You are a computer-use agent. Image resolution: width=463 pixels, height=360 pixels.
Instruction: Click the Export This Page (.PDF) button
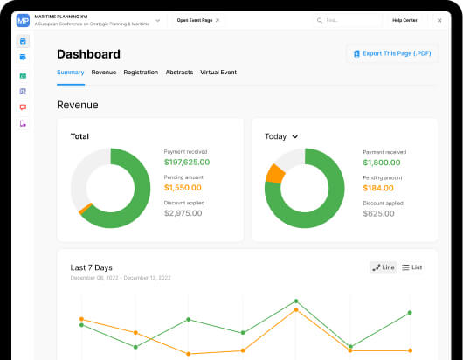click(x=391, y=54)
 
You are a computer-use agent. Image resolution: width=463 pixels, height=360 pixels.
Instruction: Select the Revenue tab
click(x=103, y=72)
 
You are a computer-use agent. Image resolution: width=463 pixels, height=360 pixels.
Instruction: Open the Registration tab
click(x=141, y=72)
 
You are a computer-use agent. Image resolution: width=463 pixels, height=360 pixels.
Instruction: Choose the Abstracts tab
click(x=179, y=72)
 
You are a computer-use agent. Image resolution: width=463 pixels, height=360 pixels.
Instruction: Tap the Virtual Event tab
click(x=218, y=72)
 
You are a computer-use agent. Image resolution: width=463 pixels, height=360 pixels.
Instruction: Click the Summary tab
click(x=70, y=72)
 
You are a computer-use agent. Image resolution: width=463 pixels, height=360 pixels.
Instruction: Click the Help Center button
click(x=404, y=19)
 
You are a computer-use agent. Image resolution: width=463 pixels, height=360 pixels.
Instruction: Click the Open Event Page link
click(x=198, y=19)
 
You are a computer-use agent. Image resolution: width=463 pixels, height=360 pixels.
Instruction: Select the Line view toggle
click(x=384, y=267)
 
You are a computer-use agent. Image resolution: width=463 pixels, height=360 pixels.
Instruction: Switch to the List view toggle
click(x=412, y=267)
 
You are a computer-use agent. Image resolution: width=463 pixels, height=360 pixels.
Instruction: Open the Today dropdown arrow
click(x=295, y=136)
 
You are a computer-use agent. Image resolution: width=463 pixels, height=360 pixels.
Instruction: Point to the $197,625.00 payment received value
click(x=186, y=162)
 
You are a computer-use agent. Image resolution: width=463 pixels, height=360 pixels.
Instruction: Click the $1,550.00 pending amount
click(x=183, y=187)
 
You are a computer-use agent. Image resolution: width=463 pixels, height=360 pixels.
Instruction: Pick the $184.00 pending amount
click(x=378, y=187)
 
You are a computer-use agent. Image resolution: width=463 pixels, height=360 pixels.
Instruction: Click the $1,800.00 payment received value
click(x=382, y=162)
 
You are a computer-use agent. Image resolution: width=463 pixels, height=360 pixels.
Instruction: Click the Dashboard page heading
click(x=88, y=54)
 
